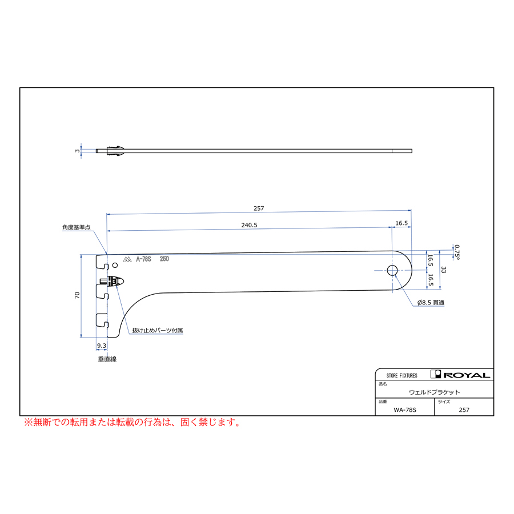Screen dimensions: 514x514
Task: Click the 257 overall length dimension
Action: point(259,208)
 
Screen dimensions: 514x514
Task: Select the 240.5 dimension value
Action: point(249,225)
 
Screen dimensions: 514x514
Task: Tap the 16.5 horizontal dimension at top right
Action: point(401,223)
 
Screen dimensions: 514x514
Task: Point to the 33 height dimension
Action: point(444,270)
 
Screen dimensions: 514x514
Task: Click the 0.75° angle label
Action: point(457,252)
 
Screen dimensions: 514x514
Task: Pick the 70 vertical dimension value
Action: point(77,295)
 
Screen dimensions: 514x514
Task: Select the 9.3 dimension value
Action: point(102,346)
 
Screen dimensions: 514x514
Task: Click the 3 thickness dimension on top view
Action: point(77,151)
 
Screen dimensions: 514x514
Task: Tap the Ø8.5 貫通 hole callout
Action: point(431,303)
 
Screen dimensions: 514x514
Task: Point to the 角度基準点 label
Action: point(77,227)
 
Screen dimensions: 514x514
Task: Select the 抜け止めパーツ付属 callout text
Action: point(158,330)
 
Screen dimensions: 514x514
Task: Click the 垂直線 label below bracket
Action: point(107,359)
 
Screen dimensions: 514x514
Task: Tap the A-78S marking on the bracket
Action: point(143,259)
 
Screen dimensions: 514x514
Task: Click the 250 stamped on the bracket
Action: point(164,259)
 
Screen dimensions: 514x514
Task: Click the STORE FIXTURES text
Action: point(402,376)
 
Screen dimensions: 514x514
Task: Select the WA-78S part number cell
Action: point(405,409)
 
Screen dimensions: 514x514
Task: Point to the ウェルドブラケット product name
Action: point(435,392)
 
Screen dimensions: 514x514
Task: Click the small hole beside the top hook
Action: point(115,265)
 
